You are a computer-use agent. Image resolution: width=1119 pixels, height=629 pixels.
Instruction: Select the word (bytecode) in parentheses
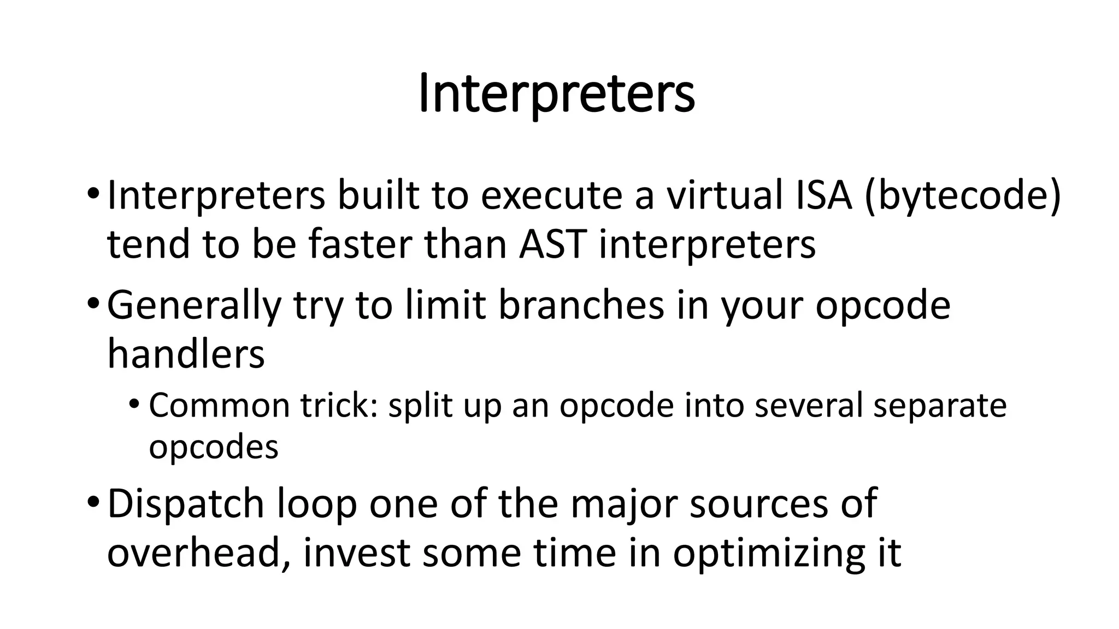click(962, 196)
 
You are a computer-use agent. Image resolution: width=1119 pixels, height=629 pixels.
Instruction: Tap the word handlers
click(186, 354)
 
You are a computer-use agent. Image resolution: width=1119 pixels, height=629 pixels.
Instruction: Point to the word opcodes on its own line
click(214, 448)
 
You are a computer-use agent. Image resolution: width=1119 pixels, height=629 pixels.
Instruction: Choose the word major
click(623, 505)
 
